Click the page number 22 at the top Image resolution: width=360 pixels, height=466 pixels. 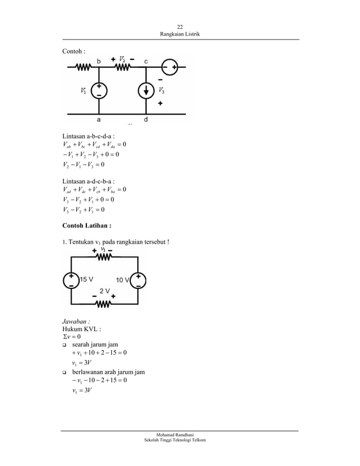(x=180, y=27)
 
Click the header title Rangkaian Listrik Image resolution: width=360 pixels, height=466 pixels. (x=180, y=34)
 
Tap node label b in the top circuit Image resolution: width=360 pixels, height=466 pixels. (x=99, y=61)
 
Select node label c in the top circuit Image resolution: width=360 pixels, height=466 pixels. (x=146, y=62)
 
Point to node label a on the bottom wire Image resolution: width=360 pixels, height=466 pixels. (x=99, y=120)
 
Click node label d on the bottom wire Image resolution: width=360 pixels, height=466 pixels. (x=146, y=120)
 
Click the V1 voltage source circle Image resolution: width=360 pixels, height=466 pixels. (x=99, y=91)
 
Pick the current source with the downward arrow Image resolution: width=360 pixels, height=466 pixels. (x=146, y=91)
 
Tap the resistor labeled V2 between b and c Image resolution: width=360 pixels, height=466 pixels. (x=122, y=67)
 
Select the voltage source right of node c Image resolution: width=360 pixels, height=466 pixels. (x=170, y=67)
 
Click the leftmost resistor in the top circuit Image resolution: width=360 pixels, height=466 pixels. (x=84, y=67)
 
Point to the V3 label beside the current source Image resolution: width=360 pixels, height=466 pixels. (x=161, y=90)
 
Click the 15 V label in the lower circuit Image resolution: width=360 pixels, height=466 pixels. (x=86, y=279)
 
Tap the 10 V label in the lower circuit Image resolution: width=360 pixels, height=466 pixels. (x=122, y=280)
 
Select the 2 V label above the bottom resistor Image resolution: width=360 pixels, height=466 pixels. (x=104, y=291)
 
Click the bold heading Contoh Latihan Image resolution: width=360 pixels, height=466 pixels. (x=87, y=226)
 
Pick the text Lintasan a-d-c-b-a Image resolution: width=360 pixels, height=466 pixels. (x=88, y=181)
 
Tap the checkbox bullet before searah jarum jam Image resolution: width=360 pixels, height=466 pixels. (x=64, y=345)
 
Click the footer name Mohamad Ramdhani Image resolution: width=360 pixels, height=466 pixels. (x=175, y=435)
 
